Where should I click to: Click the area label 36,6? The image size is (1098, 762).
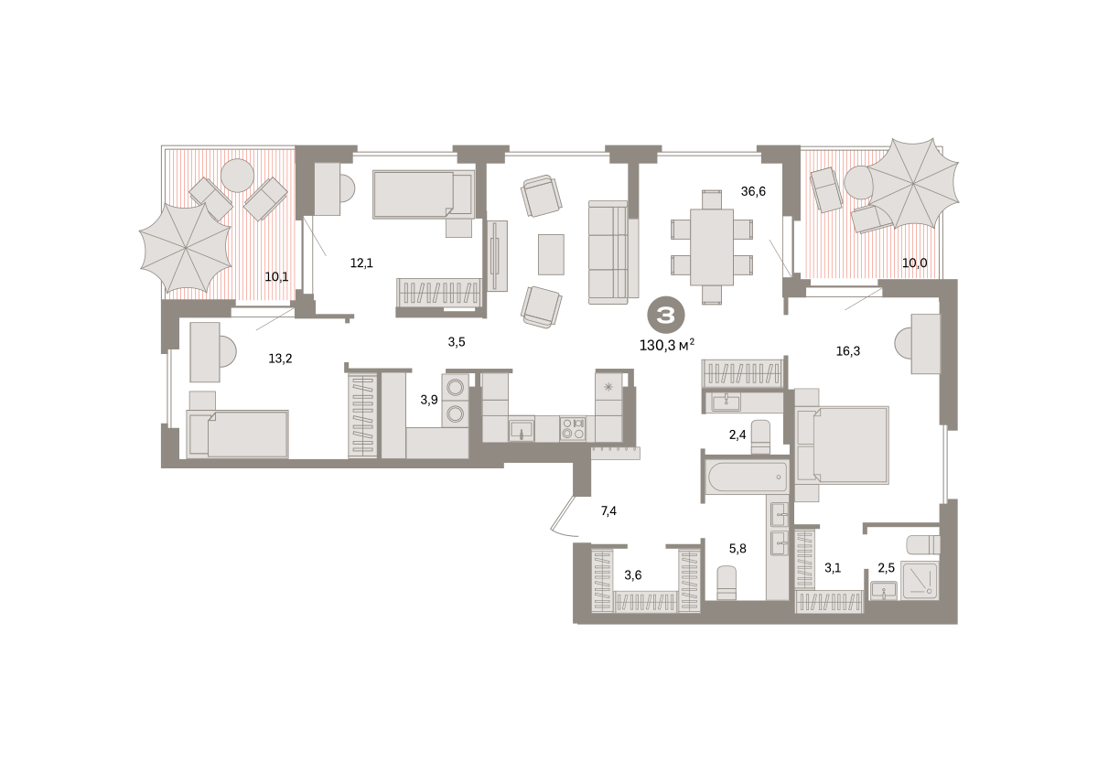point(753,191)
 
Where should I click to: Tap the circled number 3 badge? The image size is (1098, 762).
point(666,316)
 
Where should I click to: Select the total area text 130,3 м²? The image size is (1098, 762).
point(667,345)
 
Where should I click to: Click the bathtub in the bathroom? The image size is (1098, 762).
point(747,477)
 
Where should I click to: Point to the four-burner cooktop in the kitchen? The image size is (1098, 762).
point(573,428)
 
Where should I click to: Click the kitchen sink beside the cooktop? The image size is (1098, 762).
point(521,430)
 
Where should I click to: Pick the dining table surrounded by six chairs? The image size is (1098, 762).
point(711,247)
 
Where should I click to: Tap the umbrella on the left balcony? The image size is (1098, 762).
point(186,249)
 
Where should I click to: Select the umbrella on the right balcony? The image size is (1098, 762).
point(913,183)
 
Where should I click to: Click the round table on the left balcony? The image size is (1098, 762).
point(237,176)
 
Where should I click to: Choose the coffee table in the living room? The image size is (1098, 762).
point(551,254)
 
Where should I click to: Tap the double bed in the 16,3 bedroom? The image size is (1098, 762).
point(842,445)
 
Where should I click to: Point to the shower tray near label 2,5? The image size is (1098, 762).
point(920,581)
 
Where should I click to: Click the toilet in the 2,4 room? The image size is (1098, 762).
point(760,437)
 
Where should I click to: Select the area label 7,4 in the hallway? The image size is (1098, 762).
point(608,511)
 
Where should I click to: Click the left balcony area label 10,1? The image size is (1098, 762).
point(276,277)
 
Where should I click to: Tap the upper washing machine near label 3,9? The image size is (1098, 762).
point(456,388)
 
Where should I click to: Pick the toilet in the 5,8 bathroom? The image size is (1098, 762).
point(727,583)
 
